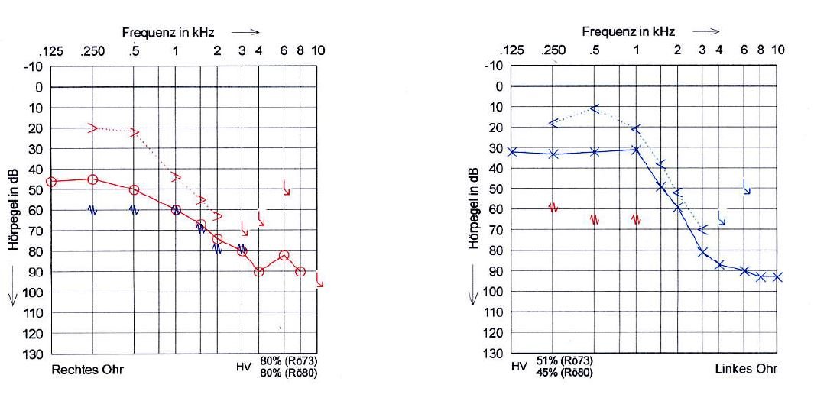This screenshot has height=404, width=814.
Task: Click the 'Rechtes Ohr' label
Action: click(x=87, y=370)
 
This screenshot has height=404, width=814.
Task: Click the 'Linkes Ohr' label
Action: click(x=746, y=369)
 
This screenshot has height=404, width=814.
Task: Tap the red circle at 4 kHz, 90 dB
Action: click(x=258, y=271)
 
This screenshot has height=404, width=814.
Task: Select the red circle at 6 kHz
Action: click(x=284, y=255)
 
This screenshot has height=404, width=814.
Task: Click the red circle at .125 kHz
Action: click(x=51, y=182)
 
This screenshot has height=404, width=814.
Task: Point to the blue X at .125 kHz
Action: click(x=512, y=152)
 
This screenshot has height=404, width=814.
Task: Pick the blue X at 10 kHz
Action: click(x=777, y=276)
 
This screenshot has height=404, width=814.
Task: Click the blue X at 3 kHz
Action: click(x=702, y=251)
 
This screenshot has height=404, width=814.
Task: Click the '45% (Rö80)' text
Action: click(x=564, y=372)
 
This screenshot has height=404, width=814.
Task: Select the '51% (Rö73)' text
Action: click(x=564, y=360)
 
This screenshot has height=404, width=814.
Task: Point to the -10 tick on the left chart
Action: click(x=32, y=66)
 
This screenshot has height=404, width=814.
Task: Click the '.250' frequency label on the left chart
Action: click(x=92, y=50)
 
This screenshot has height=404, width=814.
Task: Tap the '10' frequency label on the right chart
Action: click(x=777, y=50)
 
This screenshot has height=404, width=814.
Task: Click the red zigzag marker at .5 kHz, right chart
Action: click(x=595, y=220)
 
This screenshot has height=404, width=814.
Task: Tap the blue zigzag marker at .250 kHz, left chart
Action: click(x=92, y=209)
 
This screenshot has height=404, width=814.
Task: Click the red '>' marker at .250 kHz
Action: click(x=93, y=128)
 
